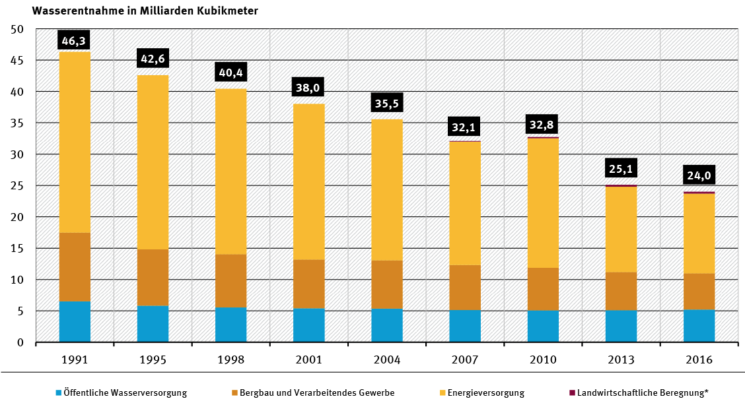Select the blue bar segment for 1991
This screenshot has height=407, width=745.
tap(75, 322)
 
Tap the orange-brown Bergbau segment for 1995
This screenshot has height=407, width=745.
tap(153, 278)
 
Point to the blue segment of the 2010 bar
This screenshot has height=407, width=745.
tap(542, 327)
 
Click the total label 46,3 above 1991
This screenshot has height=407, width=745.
tap(75, 40)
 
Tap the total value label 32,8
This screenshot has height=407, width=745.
tap(542, 124)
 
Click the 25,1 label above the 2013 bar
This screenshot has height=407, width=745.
tap(621, 170)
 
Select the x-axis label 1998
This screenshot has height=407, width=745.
tap(231, 360)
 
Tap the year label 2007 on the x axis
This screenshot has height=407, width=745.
tap(464, 360)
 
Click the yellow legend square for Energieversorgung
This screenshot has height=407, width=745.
tap(441, 393)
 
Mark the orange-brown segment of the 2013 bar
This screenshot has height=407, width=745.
tap(620, 291)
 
